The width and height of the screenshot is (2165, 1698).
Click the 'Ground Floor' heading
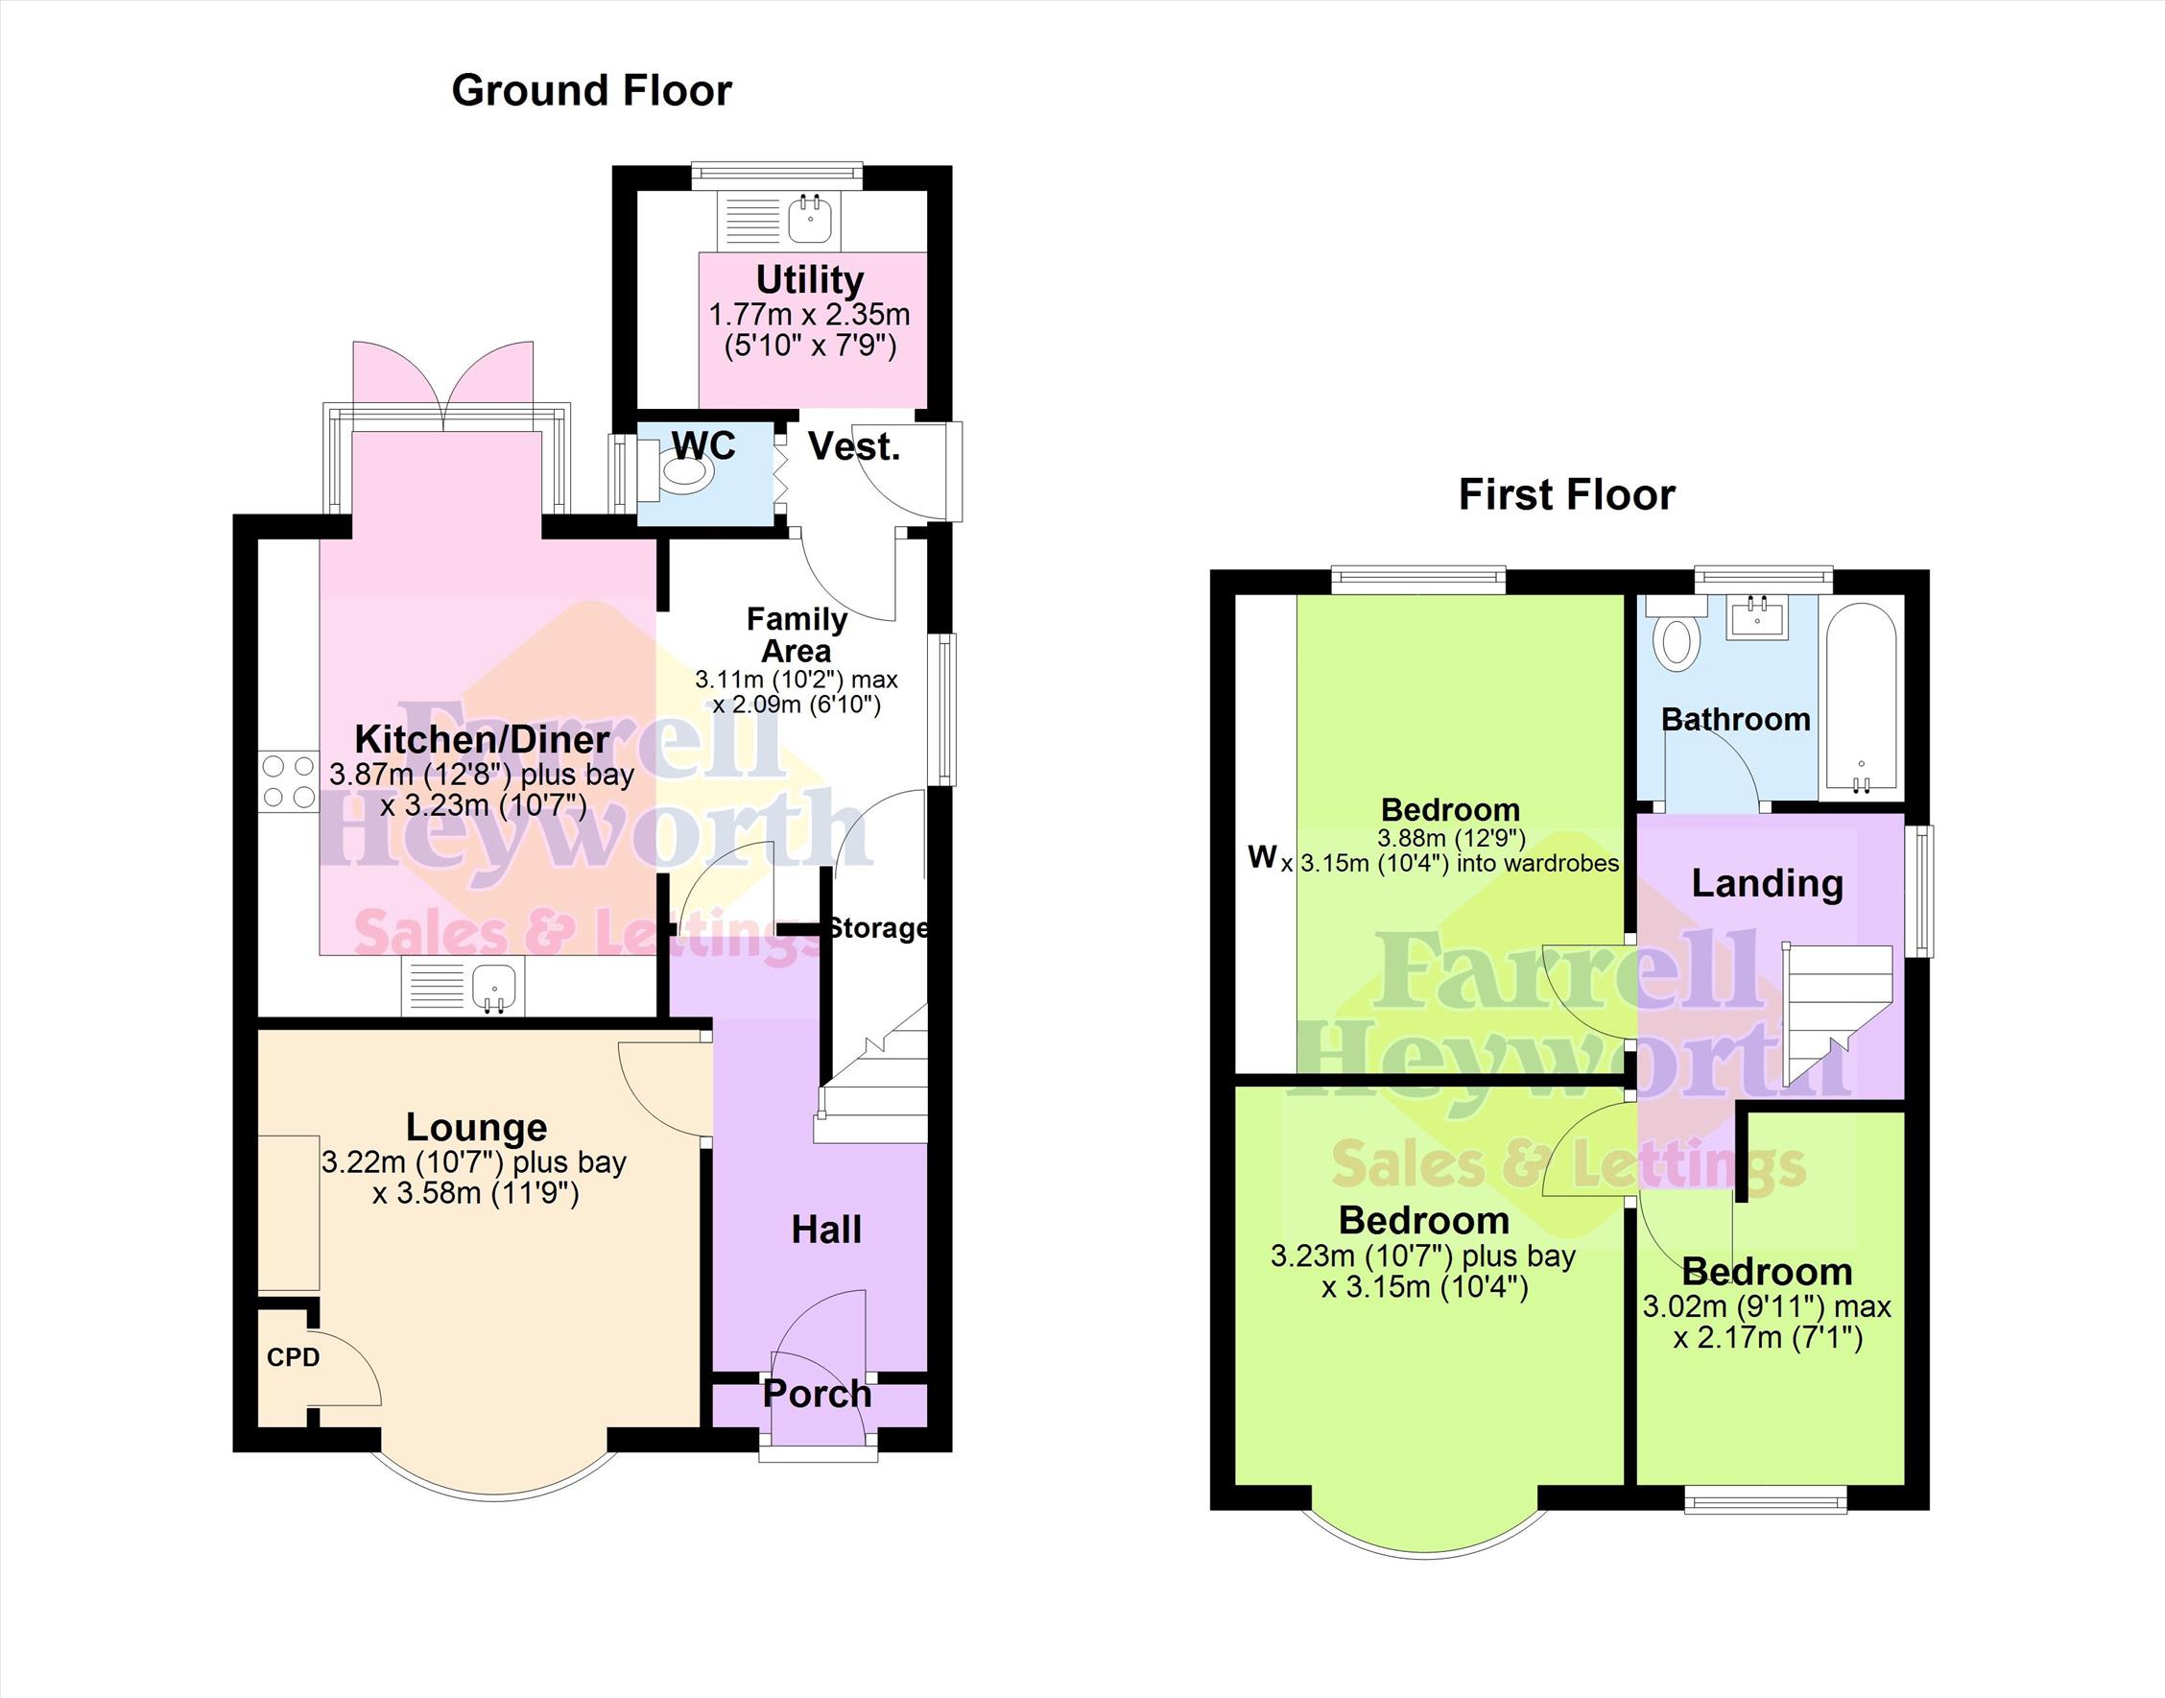591,90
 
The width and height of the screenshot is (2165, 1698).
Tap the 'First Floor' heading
1566,494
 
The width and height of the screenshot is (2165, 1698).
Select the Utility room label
809,279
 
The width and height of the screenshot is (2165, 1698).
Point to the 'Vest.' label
854,446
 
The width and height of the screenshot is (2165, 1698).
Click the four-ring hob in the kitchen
289,781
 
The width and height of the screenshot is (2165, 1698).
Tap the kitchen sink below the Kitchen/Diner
464,989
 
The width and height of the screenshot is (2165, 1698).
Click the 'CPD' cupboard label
294,1357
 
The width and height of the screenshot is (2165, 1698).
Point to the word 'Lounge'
476,1127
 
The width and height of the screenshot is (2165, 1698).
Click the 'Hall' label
826,1230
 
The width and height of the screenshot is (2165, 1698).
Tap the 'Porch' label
817,1394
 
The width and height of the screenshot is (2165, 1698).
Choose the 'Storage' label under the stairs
879,927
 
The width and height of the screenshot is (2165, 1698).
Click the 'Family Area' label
797,635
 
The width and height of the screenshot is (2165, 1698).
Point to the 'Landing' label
1768,883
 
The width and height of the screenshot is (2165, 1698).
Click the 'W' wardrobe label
1262,856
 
